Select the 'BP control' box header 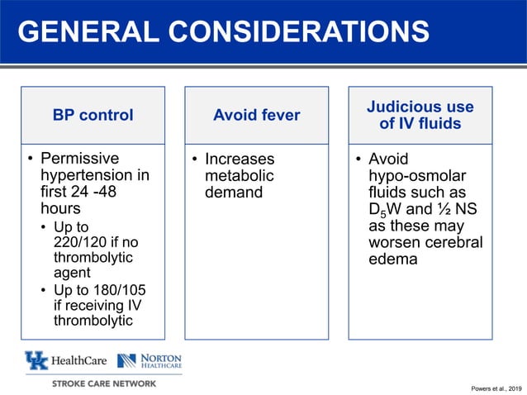(x=93, y=116)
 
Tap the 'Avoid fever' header (x=256, y=116)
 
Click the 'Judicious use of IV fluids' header (x=420, y=116)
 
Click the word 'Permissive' (x=80, y=159)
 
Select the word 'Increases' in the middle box (x=240, y=159)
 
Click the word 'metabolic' (x=239, y=176)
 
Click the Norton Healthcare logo (x=150, y=360)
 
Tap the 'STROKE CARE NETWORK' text (x=104, y=383)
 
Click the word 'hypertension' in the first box (x=95, y=176)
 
